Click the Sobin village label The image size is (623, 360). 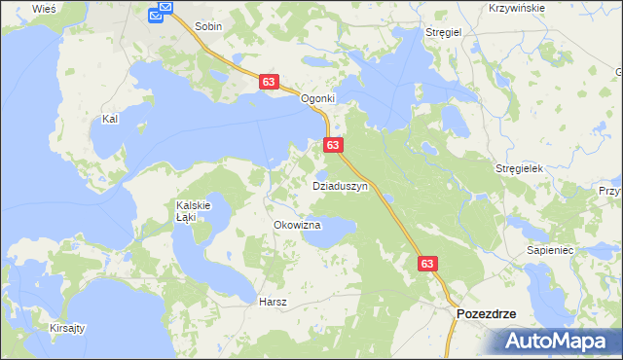coord(208,27)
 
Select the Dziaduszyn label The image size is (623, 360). coord(338,184)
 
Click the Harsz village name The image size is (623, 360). coord(273,302)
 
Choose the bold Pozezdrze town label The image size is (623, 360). coord(486,314)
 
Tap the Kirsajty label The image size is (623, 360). coord(67,329)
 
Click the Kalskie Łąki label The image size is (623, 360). coord(187,211)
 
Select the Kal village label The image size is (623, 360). coord(110,119)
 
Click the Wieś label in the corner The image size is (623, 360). coord(44,8)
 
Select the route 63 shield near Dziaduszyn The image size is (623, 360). coord(333,145)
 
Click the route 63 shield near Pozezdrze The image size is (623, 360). coord(429,264)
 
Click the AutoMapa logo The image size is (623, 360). coord(558,341)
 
